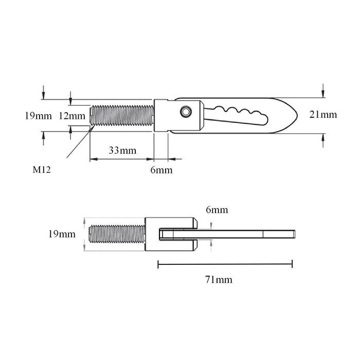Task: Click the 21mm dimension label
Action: (323, 115)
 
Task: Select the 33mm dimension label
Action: (122, 151)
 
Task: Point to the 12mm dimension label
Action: (71, 115)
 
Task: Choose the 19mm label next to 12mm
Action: (38, 115)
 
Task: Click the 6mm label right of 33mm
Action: (161, 169)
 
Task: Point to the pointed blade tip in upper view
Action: (296, 115)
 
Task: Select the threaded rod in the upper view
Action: (122, 115)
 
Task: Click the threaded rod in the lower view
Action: (117, 235)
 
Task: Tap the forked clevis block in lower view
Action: (170, 235)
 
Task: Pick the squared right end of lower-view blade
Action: (293, 235)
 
